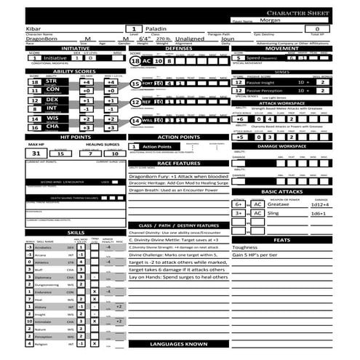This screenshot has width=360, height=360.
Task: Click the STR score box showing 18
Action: pos(34,81)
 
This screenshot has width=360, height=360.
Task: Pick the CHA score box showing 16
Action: pos(34,127)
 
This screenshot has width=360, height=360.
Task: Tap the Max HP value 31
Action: pos(36,153)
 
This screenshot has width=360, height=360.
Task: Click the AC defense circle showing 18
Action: pos(135,63)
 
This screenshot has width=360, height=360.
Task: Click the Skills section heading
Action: pos(76,232)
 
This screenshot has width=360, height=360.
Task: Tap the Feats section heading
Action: pos(282,239)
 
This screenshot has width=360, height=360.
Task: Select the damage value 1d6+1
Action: pos(318,214)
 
